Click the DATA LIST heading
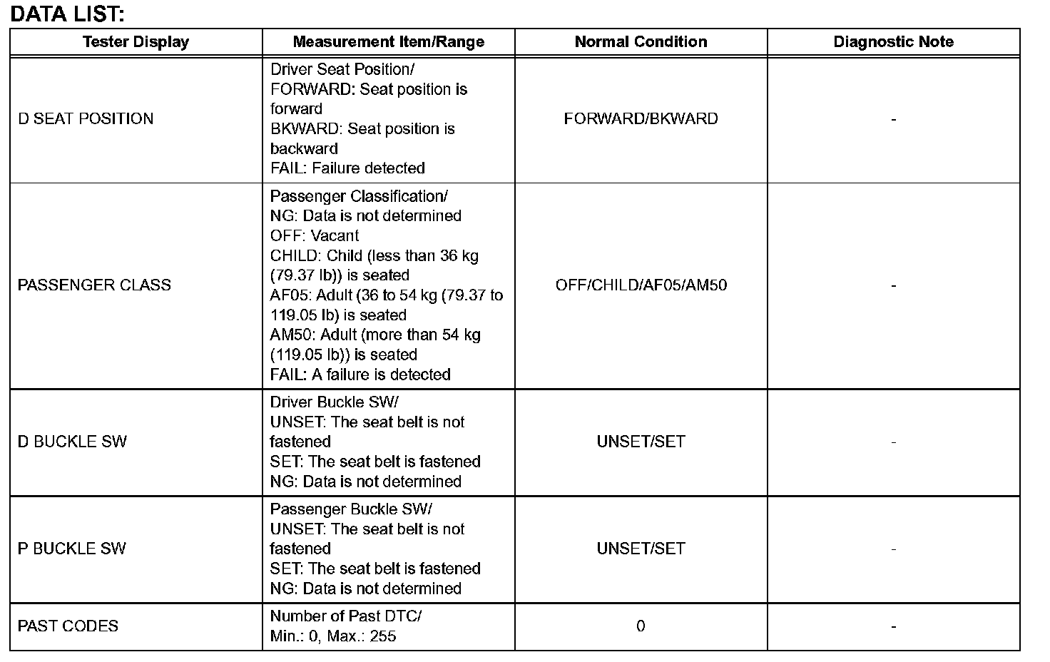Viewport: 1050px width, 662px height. [x=68, y=14]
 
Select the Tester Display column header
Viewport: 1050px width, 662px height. [x=136, y=42]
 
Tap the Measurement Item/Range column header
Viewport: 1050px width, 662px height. [x=388, y=42]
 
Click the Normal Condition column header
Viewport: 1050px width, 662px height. [x=641, y=42]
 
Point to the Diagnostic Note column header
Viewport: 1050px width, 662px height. [x=893, y=42]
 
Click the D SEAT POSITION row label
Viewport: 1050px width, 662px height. [x=86, y=119]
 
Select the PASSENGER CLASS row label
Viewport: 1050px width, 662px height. [x=94, y=285]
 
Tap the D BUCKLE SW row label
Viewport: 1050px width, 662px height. [x=72, y=442]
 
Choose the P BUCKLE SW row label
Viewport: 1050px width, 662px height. [x=71, y=549]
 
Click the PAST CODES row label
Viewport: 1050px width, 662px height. [x=68, y=626]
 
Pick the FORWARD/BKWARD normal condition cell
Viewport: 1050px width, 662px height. [x=641, y=119]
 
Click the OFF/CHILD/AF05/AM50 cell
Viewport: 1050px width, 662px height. [x=641, y=285]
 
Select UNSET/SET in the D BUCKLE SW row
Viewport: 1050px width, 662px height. [x=641, y=442]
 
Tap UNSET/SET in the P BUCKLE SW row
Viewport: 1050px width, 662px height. [x=641, y=549]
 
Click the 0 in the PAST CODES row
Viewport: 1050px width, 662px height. [x=641, y=626]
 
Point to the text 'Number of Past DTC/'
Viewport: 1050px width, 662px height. [x=346, y=616]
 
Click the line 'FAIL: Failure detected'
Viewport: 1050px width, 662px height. [x=347, y=168]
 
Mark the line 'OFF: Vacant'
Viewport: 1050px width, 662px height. [x=314, y=236]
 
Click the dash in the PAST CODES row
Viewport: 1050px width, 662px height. [x=893, y=626]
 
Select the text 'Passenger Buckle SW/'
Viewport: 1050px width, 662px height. [x=351, y=509]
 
